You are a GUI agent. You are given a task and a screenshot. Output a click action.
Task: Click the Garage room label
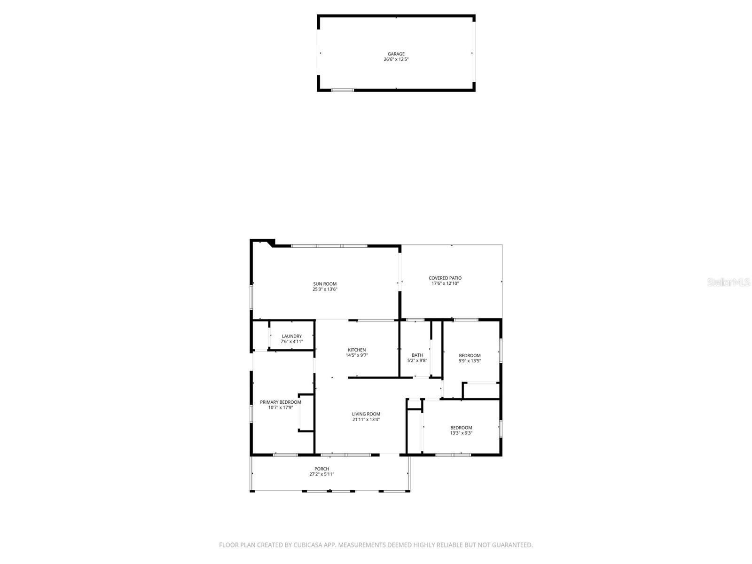pos(396,54)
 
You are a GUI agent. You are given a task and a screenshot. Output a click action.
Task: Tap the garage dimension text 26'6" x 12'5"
pos(396,60)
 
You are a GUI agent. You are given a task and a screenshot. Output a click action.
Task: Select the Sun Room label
pos(325,284)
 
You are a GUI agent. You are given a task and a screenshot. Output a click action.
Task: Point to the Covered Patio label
pos(445,278)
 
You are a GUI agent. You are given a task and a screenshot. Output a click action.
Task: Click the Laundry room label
pos(291,336)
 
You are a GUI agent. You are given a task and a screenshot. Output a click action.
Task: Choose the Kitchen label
pos(357,350)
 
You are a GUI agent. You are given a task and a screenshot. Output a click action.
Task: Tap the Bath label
pos(417,355)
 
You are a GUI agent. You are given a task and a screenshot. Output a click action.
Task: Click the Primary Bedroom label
pos(281,402)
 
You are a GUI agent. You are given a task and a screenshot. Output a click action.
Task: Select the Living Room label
pos(366,414)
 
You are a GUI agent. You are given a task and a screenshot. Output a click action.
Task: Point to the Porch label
pos(321,469)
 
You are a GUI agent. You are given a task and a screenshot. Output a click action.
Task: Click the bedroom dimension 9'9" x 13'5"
pos(470,361)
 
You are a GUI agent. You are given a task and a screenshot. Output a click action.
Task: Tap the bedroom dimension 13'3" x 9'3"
pos(461,433)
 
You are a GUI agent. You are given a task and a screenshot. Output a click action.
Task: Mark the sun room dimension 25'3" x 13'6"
pos(325,290)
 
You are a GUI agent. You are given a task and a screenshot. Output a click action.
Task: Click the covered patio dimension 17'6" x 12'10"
pos(445,284)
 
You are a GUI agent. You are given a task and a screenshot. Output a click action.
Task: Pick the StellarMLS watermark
pos(728,282)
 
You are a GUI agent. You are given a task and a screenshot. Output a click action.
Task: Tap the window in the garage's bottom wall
pos(342,90)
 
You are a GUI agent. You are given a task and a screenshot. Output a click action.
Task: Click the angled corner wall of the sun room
pos(270,243)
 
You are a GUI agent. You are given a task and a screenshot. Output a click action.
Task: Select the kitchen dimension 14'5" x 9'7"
pos(357,355)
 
